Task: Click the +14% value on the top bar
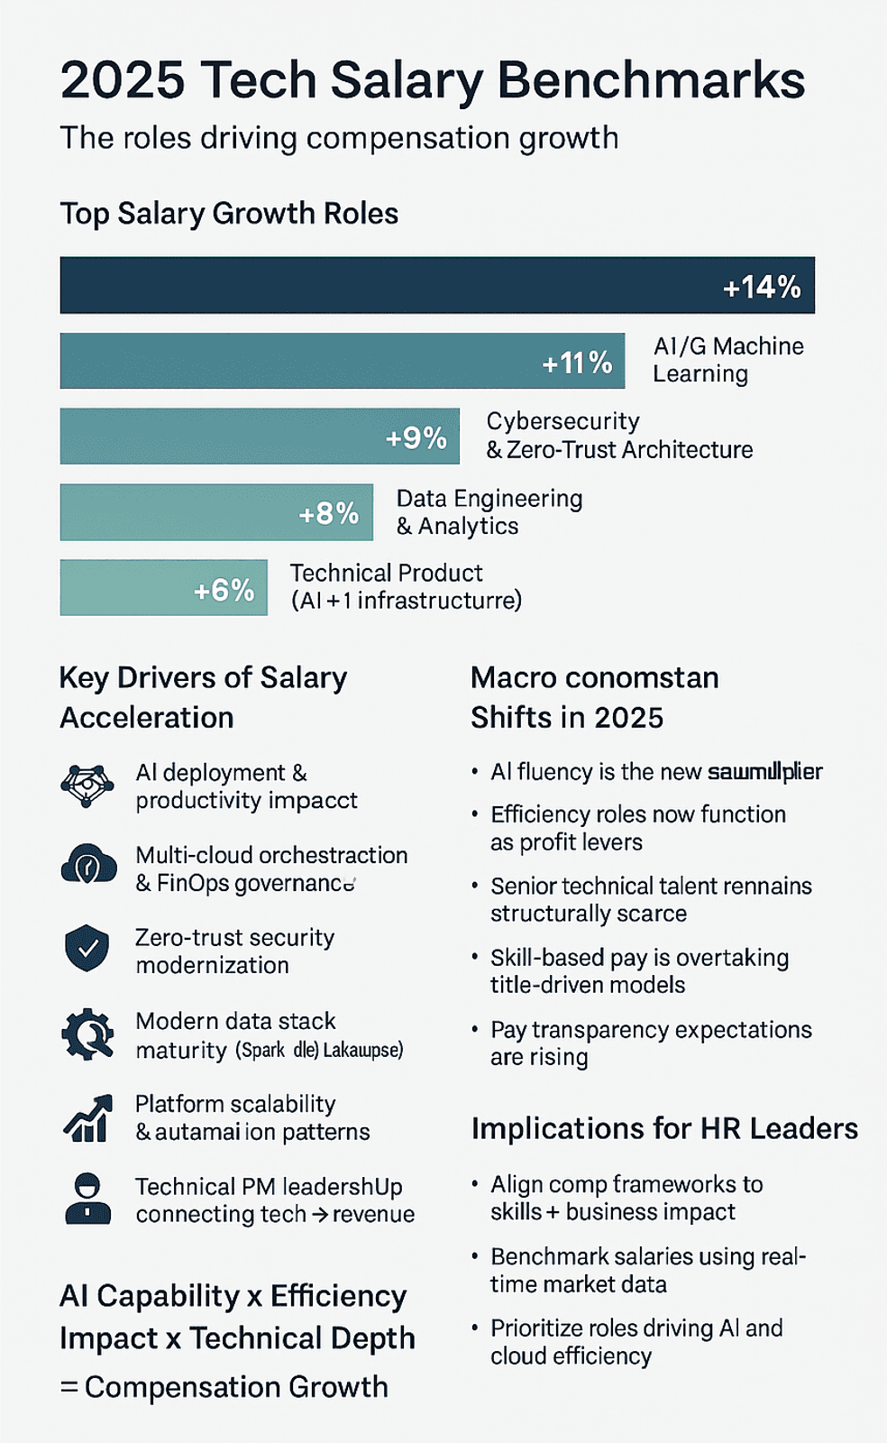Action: tap(762, 287)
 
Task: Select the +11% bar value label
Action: tap(577, 363)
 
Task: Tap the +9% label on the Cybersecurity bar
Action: tap(416, 437)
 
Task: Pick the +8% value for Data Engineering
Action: tap(328, 513)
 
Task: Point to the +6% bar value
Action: tap(224, 590)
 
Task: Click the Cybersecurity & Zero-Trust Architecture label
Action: tap(619, 436)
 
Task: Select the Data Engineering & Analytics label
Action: tap(489, 512)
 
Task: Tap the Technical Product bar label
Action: tap(406, 587)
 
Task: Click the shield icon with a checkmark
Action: tap(87, 948)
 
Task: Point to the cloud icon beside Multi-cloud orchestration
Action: tap(88, 865)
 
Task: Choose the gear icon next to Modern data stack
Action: tap(87, 1034)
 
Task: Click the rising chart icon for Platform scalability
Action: tap(87, 1118)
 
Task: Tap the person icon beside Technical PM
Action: tap(87, 1199)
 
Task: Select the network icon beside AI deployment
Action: tap(87, 785)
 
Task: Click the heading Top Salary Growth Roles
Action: tap(229, 214)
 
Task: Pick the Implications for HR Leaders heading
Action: tap(664, 1128)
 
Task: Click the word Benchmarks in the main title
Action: tap(651, 80)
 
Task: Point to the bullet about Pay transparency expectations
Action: tap(651, 1043)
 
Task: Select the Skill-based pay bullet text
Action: tap(639, 971)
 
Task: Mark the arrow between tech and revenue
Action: tap(320, 1215)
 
